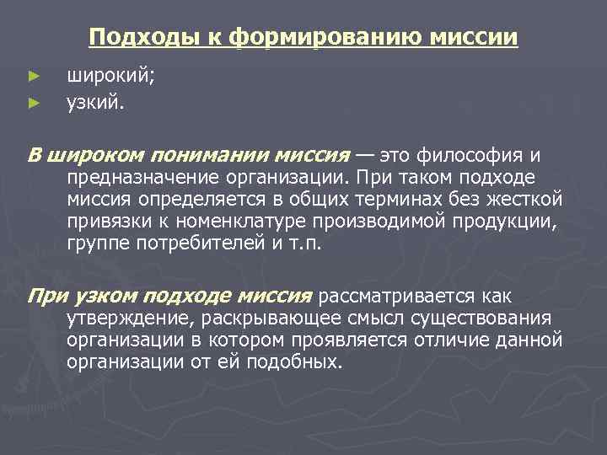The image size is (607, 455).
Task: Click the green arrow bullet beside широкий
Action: point(34,77)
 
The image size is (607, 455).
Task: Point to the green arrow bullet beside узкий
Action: point(34,104)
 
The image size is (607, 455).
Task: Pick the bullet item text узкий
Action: point(95,104)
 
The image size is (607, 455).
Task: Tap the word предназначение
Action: point(142,178)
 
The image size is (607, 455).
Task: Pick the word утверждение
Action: point(126,318)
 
